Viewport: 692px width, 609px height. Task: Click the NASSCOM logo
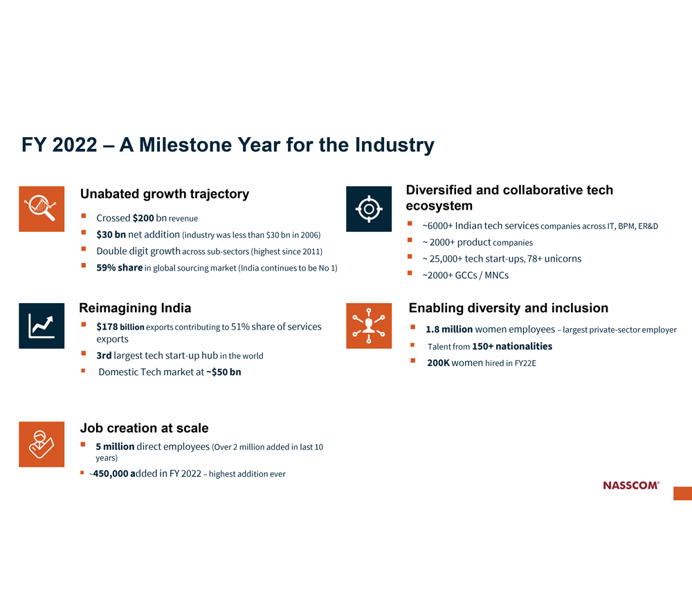point(631,485)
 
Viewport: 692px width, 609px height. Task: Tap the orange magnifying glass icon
point(42,209)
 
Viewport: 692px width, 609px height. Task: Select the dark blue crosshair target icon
point(369,209)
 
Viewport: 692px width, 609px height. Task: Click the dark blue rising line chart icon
point(42,326)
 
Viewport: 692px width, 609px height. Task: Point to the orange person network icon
point(369,326)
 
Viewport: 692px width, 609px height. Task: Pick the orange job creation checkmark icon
point(42,444)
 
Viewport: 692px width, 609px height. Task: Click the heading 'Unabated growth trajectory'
point(165,194)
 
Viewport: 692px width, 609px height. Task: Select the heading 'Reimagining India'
point(135,308)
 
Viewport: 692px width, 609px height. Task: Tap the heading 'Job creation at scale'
point(145,428)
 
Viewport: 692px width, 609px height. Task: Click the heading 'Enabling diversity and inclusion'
point(509,308)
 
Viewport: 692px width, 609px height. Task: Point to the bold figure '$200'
point(143,218)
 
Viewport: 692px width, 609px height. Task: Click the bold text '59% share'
point(120,268)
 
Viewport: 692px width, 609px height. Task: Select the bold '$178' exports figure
point(107,327)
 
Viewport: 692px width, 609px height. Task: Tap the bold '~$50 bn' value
point(224,372)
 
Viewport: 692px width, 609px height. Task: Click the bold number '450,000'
point(111,473)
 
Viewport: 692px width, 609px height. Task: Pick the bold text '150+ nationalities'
point(512,347)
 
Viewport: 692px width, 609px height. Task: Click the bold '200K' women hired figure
point(438,363)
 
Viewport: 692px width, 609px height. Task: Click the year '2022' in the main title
point(75,145)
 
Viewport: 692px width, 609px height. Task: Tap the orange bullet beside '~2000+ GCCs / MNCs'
point(410,273)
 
